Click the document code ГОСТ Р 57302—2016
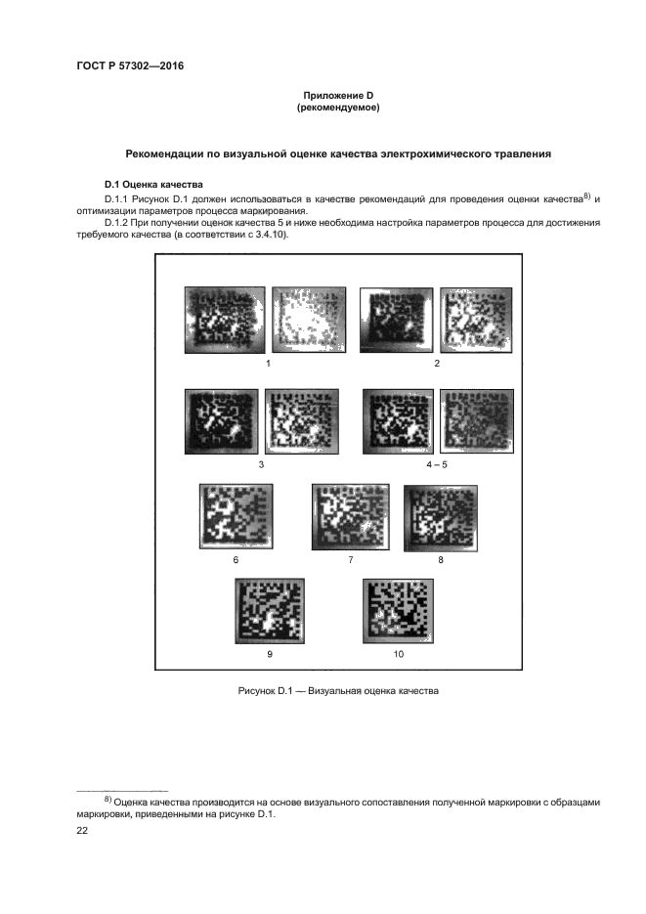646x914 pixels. pos(130,65)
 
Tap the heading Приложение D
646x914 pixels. pos(338,96)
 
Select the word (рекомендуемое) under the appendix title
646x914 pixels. pos(338,108)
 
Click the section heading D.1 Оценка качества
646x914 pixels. pos(153,185)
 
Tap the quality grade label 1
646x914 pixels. pos(268,363)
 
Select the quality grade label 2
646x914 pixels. pos(437,363)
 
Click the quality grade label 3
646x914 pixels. pos(261,464)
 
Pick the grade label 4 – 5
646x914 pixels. pos(437,464)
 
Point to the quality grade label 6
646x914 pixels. pos(236,559)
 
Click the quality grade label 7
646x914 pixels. pos(350,559)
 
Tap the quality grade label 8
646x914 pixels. pos(441,559)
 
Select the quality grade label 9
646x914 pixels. pos(269,654)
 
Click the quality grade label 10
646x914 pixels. pos(399,654)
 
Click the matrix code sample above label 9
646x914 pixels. pos(270,611)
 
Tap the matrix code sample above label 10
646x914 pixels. pos(399,611)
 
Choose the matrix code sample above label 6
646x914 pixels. pos(236,516)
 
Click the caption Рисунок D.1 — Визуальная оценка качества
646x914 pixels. pos(338,691)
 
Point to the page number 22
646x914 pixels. pos(82,831)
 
